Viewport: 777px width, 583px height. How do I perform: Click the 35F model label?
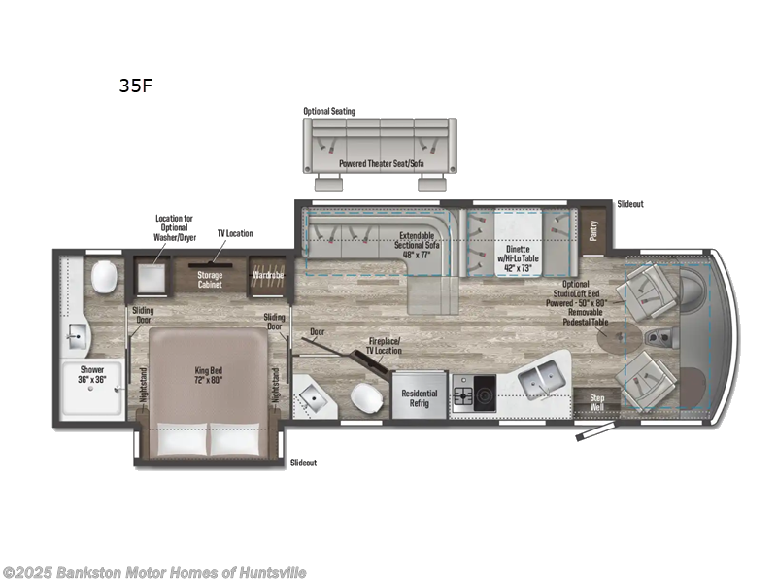[135, 85]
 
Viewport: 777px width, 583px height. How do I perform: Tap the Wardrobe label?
[269, 276]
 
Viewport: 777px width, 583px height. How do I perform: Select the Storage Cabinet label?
[211, 280]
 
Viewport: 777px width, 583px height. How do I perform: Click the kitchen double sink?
[541, 381]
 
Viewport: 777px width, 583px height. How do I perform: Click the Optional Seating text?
[329, 111]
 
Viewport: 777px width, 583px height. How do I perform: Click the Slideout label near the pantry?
[630, 205]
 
